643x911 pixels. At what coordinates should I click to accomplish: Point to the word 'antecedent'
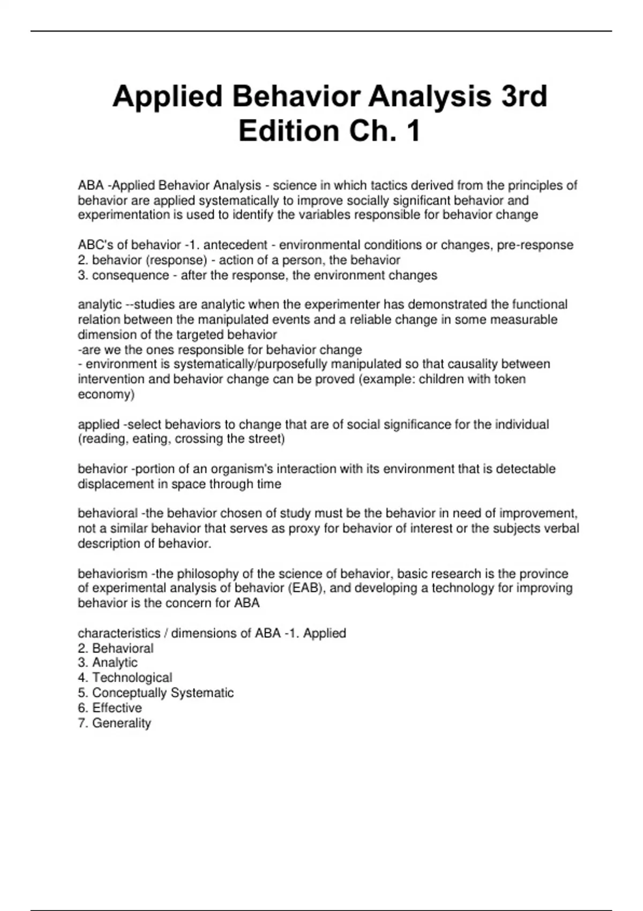point(236,245)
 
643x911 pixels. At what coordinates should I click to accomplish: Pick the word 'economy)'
point(106,394)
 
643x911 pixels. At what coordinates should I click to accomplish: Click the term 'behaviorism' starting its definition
point(113,574)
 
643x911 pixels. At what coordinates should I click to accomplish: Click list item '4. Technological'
point(125,678)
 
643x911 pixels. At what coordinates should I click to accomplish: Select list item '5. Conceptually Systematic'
point(155,693)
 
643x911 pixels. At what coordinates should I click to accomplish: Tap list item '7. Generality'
point(114,723)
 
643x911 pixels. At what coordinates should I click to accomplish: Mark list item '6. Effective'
point(110,708)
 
